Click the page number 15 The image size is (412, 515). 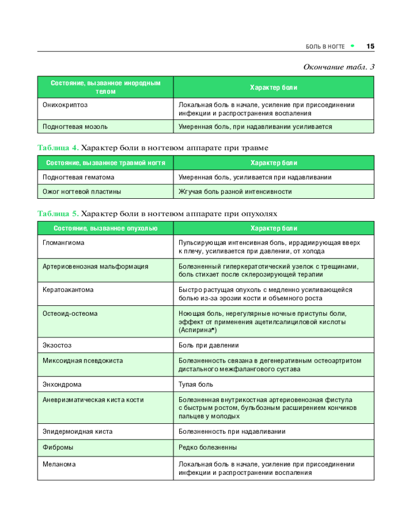click(x=370, y=46)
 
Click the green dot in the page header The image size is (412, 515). click(x=353, y=46)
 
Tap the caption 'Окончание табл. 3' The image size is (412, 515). click(x=338, y=67)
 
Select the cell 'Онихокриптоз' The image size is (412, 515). click(x=65, y=105)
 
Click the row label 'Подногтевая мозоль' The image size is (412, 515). click(x=75, y=126)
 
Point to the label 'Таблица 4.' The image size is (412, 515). click(x=58, y=148)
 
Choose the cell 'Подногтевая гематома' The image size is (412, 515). click(x=78, y=177)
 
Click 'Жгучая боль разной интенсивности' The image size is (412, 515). click(x=235, y=192)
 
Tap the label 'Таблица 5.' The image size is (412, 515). click(x=58, y=213)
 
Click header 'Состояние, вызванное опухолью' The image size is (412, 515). click(x=105, y=228)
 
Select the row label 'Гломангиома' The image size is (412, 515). click(x=63, y=242)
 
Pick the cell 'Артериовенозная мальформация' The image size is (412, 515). click(x=95, y=266)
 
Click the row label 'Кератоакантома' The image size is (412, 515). click(x=68, y=290)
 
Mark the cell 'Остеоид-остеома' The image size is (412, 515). click(x=70, y=313)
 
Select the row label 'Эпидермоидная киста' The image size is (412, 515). click(x=77, y=432)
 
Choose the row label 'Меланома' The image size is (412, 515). click(x=59, y=464)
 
